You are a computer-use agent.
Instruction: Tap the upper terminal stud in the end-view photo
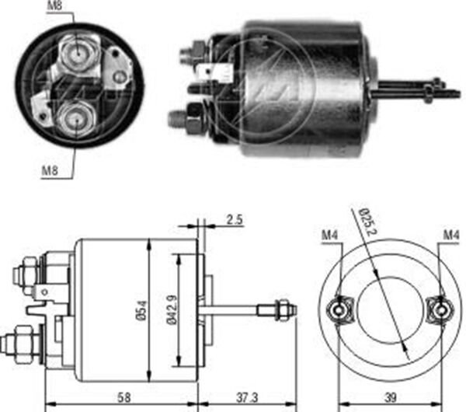tap(78, 53)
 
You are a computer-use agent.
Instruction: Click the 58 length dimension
tap(123, 397)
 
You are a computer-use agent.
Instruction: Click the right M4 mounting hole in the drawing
tap(440, 309)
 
